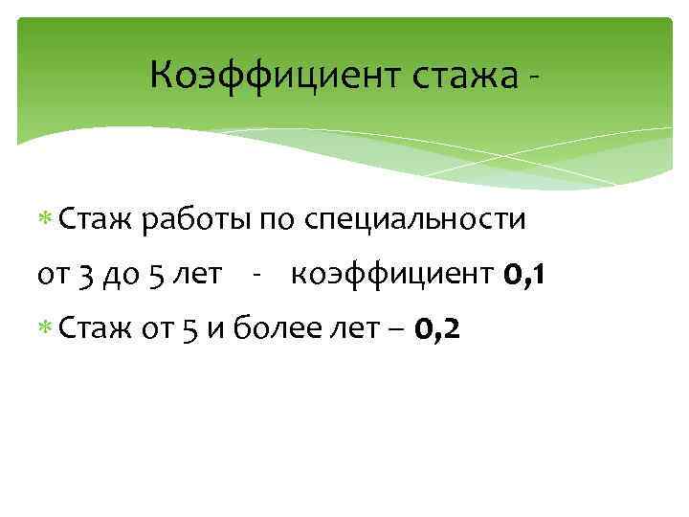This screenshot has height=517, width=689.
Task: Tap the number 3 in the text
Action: tap(88, 277)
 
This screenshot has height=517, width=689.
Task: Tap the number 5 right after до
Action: tap(158, 277)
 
